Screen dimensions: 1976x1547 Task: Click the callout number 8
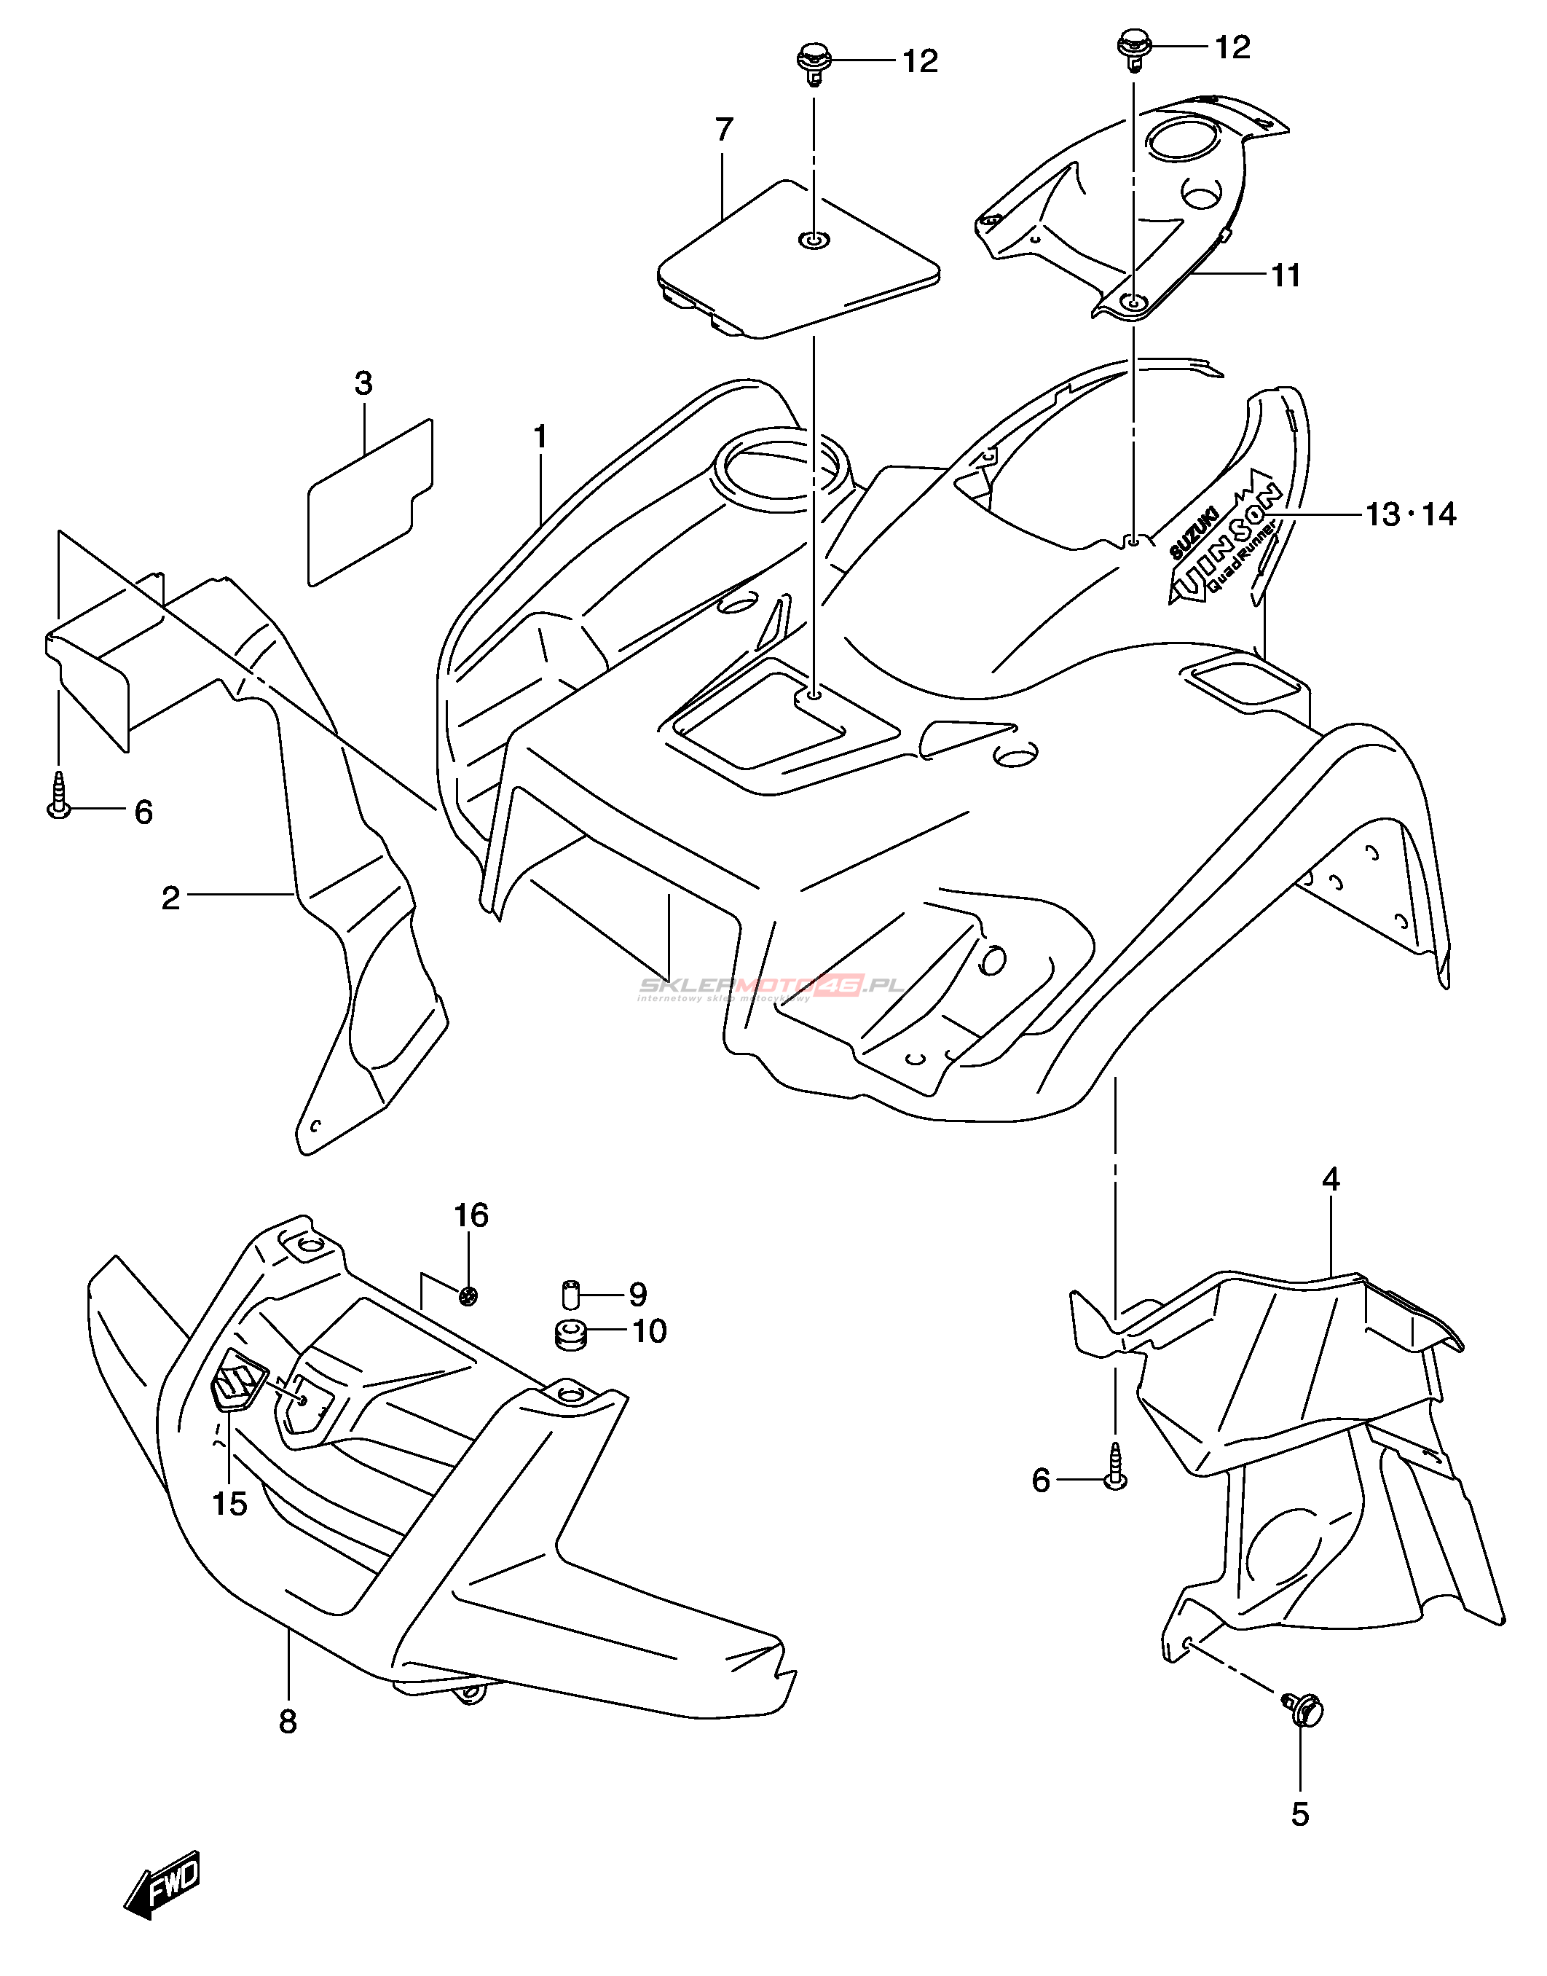pos(288,1722)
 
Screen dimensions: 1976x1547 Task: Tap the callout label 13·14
pos(1410,514)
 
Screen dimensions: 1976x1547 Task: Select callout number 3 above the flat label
pos(363,384)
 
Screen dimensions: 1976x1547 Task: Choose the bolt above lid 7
pos(811,63)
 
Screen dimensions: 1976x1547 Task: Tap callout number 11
pos(1286,275)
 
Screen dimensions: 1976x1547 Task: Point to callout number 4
pos(1331,1179)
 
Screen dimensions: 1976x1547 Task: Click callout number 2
pos(170,898)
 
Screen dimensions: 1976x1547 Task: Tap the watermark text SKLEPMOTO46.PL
pos(770,987)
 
